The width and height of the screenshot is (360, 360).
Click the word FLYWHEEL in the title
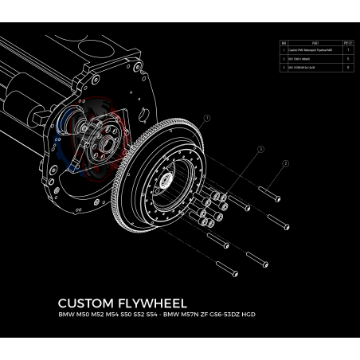151,303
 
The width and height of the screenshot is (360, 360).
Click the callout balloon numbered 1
205,120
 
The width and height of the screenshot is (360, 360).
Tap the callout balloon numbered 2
284,165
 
